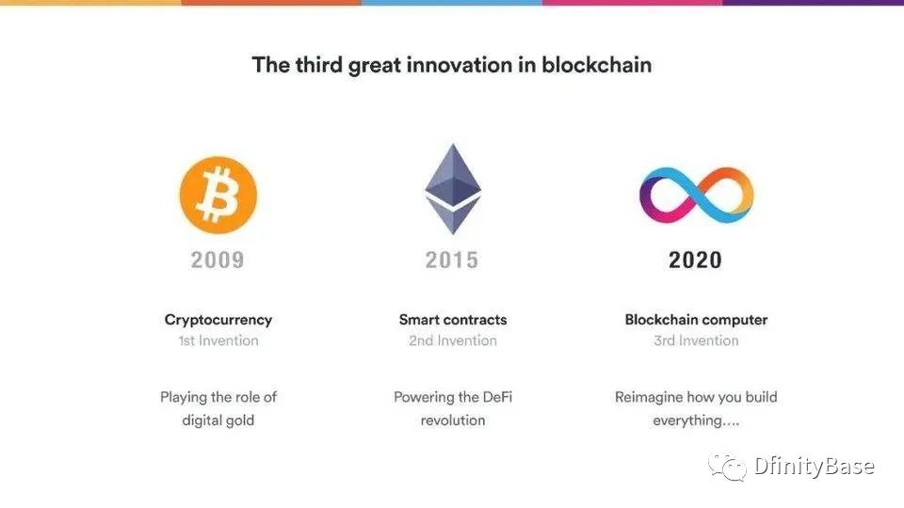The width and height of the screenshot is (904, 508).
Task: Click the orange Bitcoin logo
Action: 218,196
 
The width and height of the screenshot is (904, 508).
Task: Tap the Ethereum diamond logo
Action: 453,189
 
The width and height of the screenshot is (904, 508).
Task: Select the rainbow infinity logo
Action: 697,196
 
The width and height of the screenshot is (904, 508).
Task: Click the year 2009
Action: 218,261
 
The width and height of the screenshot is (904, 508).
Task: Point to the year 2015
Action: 452,261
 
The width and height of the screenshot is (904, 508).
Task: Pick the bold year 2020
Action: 695,261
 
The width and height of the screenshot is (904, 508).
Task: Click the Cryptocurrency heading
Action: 218,320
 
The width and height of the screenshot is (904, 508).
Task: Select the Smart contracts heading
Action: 453,320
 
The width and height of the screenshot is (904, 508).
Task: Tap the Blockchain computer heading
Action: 696,320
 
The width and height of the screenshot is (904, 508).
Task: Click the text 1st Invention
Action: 218,341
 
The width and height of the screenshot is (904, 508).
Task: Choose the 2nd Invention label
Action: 453,341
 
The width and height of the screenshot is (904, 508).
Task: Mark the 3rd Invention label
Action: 696,341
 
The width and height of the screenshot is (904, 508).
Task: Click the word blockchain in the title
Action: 597,65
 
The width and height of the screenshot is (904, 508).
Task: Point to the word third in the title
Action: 319,65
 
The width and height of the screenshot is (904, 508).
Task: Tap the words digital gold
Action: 218,421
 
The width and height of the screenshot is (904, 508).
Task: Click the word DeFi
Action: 497,397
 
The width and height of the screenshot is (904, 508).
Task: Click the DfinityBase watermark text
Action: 814,466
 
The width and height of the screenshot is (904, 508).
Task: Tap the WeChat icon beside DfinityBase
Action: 728,467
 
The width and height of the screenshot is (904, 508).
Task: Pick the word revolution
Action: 453,421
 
